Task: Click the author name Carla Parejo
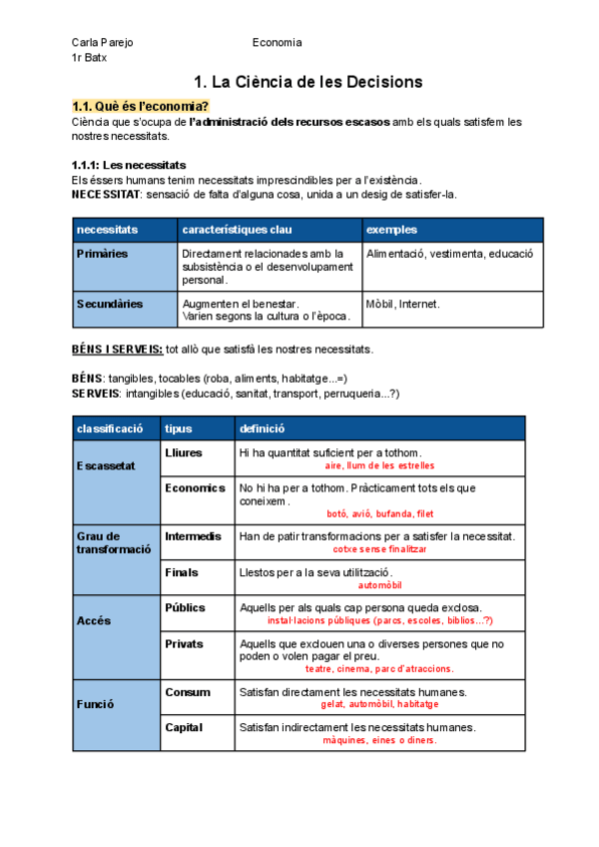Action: pos(102,43)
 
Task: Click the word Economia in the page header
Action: pos(277,43)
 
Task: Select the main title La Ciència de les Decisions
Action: pos(308,81)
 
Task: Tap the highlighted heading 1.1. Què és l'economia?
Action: pos(141,107)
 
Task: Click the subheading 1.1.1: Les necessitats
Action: pos(129,165)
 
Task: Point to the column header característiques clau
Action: pos(237,230)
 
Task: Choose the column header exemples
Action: pos(392,230)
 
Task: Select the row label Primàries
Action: pos(102,254)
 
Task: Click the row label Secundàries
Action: pos(109,303)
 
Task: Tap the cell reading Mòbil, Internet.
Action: pos(403,304)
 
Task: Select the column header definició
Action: pos(262,428)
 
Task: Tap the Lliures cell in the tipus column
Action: pos(184,452)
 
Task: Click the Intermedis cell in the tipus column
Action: pos(194,536)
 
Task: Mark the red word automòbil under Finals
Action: pos(380,585)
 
